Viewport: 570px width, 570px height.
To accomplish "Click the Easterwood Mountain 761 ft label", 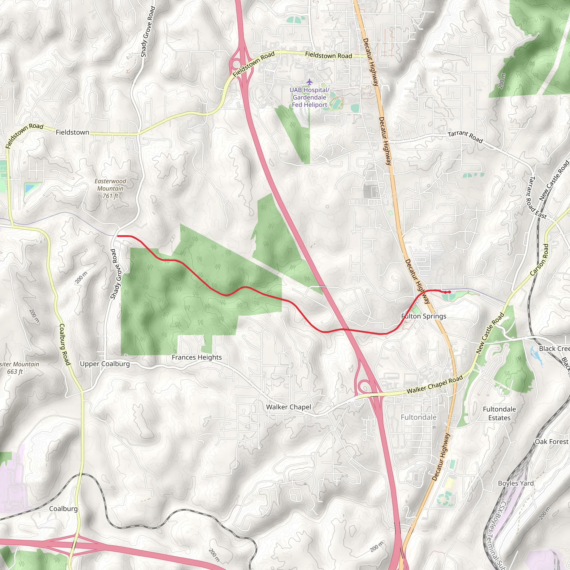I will click(x=110, y=188).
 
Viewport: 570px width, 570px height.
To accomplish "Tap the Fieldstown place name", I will click(x=72, y=132).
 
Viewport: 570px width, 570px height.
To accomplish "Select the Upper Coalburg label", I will click(x=105, y=364).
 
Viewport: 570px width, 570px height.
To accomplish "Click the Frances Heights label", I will click(x=196, y=357).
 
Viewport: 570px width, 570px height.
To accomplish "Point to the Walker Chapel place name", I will click(x=288, y=407).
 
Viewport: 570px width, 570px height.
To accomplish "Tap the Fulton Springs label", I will click(x=424, y=316).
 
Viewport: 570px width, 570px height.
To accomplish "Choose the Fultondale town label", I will click(x=418, y=417).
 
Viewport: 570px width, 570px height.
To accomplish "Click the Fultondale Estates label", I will click(x=499, y=413).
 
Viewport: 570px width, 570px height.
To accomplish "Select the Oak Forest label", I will click(x=551, y=442).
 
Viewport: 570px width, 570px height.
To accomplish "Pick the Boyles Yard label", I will click(x=516, y=483).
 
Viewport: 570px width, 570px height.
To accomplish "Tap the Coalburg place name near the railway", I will click(x=63, y=509).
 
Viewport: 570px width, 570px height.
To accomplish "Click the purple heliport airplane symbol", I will click(x=309, y=82).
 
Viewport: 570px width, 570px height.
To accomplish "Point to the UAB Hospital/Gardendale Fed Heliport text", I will click(x=309, y=97).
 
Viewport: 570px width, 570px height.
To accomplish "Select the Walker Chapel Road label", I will click(x=434, y=385).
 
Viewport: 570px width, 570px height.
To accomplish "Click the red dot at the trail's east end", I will click(x=449, y=292).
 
